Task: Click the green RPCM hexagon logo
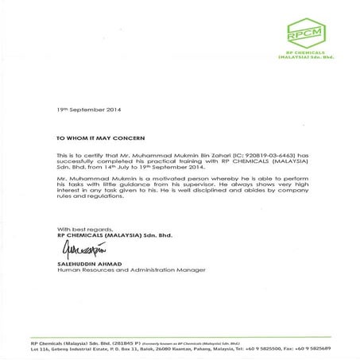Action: point(305,34)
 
